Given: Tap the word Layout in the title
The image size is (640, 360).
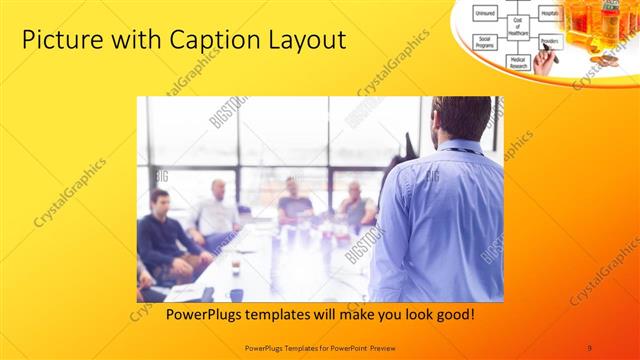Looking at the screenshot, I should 306,41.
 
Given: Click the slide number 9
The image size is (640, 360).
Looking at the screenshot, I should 589,347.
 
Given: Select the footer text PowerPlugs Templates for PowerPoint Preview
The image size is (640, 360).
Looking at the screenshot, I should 319,347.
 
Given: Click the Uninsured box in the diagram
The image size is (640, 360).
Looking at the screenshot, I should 485,12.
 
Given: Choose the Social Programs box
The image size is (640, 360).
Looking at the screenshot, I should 486,43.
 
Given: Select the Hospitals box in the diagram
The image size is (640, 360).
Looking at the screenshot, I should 549,11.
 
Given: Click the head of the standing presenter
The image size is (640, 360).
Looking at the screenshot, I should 463,118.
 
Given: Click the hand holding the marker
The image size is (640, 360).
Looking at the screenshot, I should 545,62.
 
